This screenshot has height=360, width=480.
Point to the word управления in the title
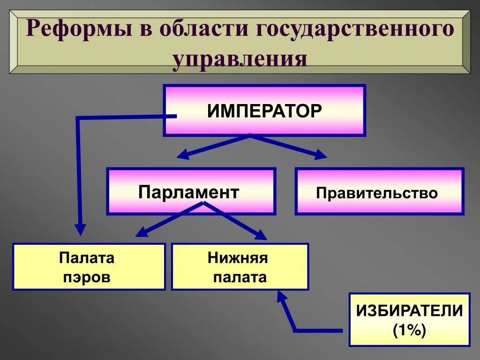pyautogui.click(x=240, y=60)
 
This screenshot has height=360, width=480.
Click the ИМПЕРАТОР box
pyautogui.click(x=264, y=111)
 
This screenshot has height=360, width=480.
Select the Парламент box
pyautogui.click(x=191, y=191)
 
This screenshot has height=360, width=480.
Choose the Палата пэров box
pyautogui.click(x=89, y=267)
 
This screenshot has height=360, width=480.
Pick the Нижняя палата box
pyautogui.click(x=240, y=267)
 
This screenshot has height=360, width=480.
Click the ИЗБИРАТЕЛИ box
pyautogui.click(x=409, y=320)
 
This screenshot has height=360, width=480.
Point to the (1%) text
pyautogui.click(x=409, y=331)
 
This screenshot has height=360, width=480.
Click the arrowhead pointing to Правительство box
pyautogui.click(x=321, y=155)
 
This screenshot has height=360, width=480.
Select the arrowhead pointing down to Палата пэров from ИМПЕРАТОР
pyautogui.click(x=81, y=230)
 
